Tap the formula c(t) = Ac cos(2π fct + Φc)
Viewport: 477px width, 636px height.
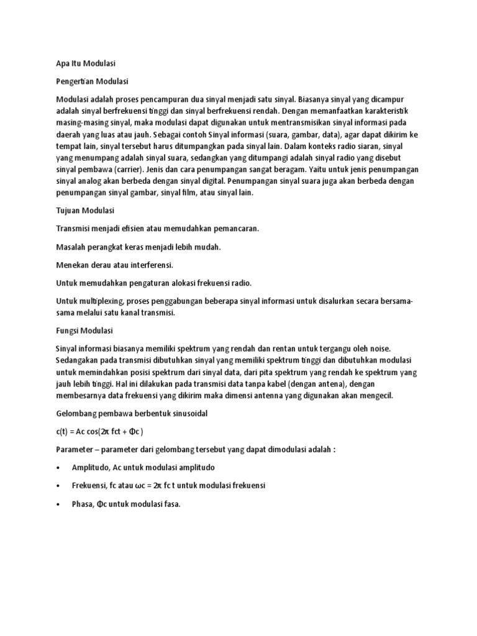(99, 432)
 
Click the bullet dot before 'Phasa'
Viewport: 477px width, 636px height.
(58, 504)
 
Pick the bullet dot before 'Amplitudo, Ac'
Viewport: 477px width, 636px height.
(58, 467)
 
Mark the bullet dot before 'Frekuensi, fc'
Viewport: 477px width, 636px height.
(58, 486)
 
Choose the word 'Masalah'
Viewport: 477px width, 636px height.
(71, 247)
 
